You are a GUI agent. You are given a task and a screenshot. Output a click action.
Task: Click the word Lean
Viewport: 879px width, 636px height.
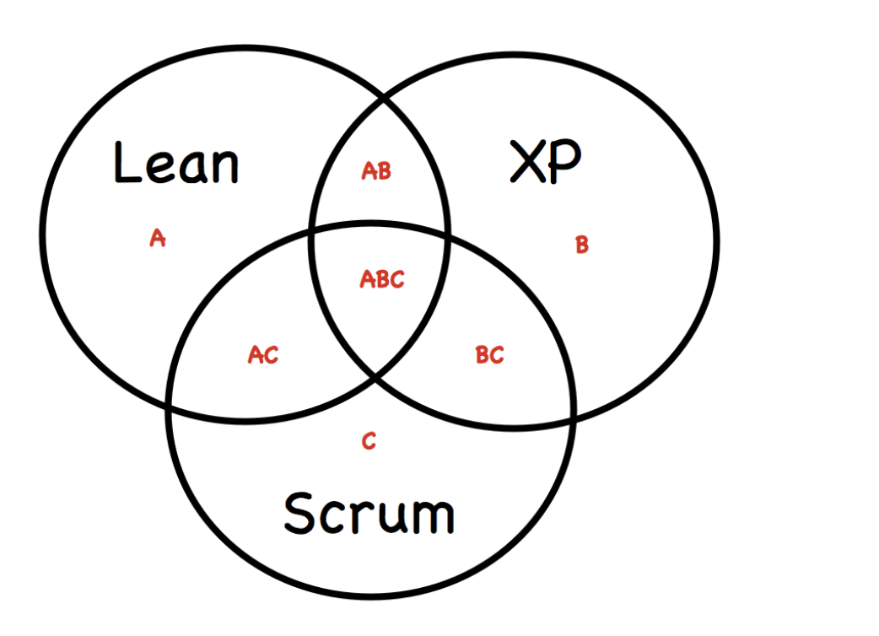[x=175, y=164]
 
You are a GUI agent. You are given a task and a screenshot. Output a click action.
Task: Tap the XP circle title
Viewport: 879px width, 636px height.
[x=546, y=163]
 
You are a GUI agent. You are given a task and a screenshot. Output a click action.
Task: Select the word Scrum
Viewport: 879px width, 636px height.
[x=369, y=513]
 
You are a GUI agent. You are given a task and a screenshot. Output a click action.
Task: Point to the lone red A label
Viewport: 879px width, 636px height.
[x=157, y=239]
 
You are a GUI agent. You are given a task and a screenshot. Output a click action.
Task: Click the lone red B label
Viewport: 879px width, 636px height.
[x=581, y=245]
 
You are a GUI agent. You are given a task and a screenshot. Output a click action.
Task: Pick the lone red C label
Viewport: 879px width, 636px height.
[x=369, y=441]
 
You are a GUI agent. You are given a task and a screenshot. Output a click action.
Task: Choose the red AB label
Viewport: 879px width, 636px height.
[x=376, y=171]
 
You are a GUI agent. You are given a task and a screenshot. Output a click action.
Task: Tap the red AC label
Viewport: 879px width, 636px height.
[x=262, y=356]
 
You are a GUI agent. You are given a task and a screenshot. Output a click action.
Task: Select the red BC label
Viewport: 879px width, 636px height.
[x=489, y=356]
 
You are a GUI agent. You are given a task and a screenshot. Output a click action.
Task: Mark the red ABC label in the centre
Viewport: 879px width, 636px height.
[x=382, y=279]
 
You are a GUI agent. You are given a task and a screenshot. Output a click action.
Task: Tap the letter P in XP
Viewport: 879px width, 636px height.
[x=566, y=163]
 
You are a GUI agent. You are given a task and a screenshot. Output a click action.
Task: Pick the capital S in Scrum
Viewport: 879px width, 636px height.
[x=299, y=513]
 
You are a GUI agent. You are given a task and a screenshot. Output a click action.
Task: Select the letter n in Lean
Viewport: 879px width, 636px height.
[x=224, y=168]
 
